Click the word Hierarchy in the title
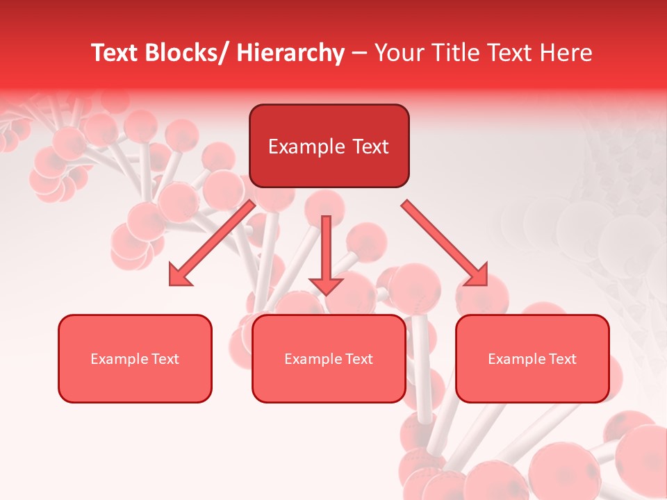[x=290, y=53]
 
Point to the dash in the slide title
[x=359, y=53]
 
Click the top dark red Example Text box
[x=329, y=146]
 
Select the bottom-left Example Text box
[x=135, y=358]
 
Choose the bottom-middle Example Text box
[x=329, y=358]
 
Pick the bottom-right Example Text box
[x=532, y=358]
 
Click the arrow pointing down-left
[x=212, y=243]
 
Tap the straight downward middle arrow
[x=326, y=253]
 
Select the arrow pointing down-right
[x=445, y=243]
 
